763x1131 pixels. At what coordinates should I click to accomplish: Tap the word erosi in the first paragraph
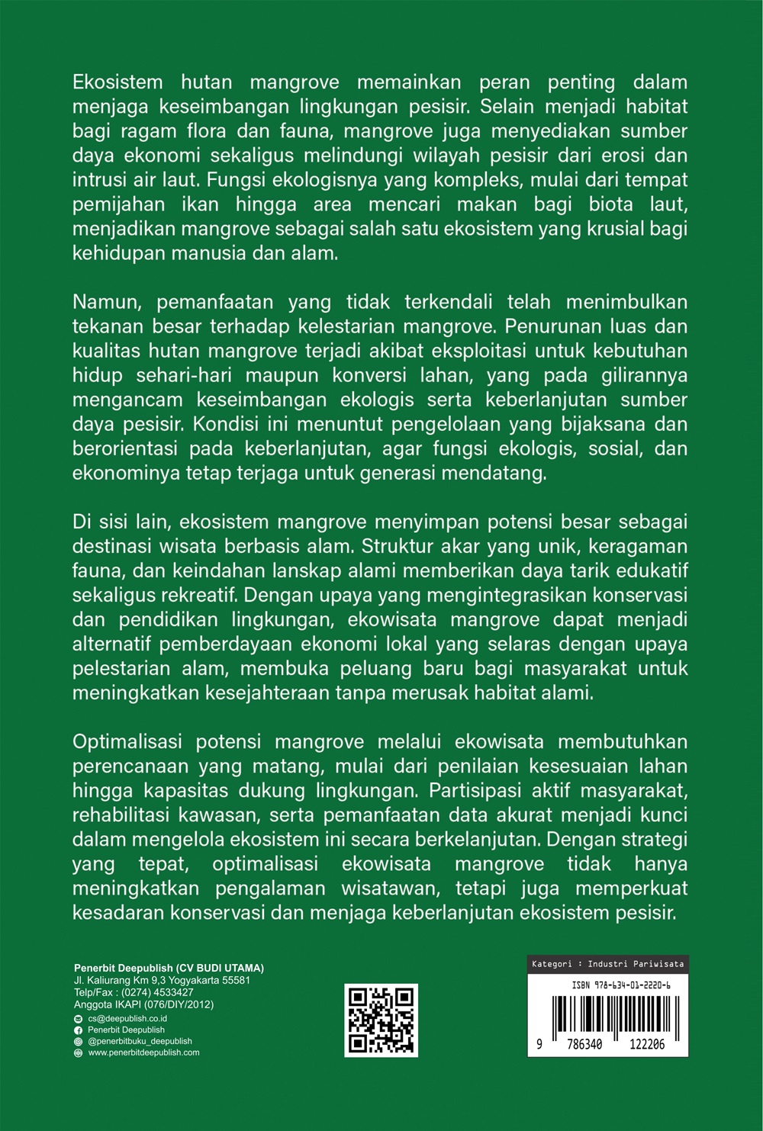point(625,156)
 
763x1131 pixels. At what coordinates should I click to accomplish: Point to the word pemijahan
point(119,204)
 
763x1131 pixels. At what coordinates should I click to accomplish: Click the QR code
point(381,1020)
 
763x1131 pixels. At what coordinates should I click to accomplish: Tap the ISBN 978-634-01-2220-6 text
point(621,985)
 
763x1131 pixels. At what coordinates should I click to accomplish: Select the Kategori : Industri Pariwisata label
point(607,964)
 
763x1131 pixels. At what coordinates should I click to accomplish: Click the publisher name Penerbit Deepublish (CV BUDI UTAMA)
point(169,969)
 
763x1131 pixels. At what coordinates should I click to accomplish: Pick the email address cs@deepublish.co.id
point(127,1019)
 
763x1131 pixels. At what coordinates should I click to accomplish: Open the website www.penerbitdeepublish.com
point(143,1052)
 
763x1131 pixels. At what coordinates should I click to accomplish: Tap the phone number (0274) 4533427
point(157,993)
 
